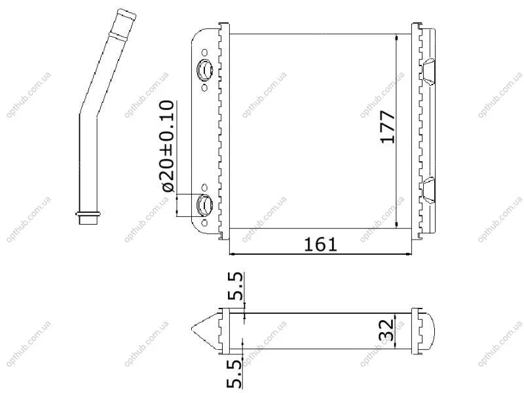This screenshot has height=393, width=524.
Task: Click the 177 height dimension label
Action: pyautogui.click(x=388, y=127)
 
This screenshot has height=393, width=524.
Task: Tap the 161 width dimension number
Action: pyautogui.click(x=320, y=244)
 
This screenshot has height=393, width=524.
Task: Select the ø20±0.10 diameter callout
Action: pyautogui.click(x=168, y=146)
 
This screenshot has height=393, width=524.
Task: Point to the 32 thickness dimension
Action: pyautogui.click(x=386, y=330)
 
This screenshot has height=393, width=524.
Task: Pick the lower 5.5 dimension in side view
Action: pyautogui.click(x=234, y=374)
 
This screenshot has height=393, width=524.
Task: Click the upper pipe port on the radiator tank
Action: pyautogui.click(x=204, y=70)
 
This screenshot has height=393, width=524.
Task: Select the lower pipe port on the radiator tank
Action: pyautogui.click(x=204, y=204)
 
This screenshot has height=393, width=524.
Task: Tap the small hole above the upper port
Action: pyautogui.click(x=204, y=53)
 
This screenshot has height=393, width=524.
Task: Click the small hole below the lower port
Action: pyautogui.click(x=204, y=223)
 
